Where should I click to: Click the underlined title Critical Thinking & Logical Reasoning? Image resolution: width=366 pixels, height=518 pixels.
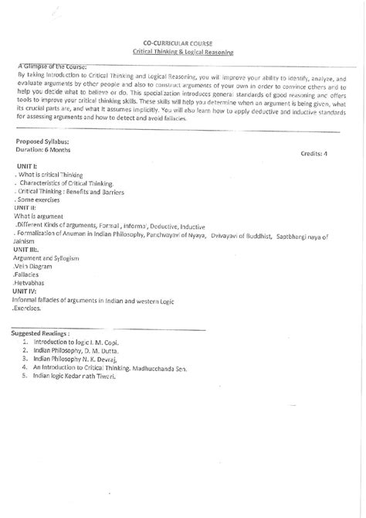point(182,52)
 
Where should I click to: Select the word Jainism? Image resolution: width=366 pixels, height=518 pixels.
point(26,240)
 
